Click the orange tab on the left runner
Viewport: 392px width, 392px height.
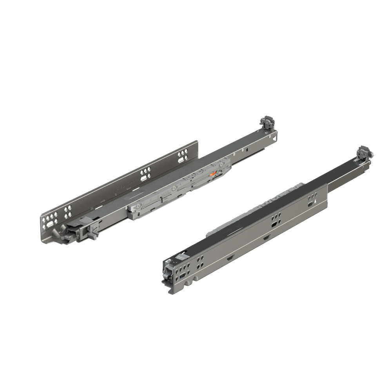click(x=213, y=174)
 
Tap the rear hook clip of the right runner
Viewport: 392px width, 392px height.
click(x=364, y=152)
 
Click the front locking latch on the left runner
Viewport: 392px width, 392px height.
click(x=91, y=233)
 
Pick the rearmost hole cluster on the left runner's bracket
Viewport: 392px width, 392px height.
click(x=182, y=156)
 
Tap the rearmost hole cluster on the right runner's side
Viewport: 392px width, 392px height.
click(x=312, y=198)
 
